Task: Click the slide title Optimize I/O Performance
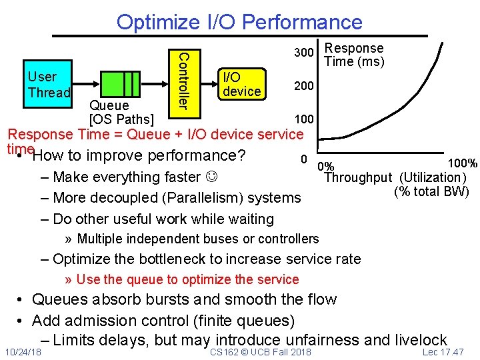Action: [x=239, y=21]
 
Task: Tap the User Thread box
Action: [x=48, y=85]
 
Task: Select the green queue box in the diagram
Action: [x=121, y=84]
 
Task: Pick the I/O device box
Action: [x=242, y=84]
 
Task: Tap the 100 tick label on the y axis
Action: [x=304, y=119]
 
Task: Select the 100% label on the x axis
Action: [x=462, y=163]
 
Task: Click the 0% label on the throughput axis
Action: [x=327, y=167]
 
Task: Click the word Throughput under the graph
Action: [x=358, y=177]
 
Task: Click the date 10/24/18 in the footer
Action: [x=22, y=352]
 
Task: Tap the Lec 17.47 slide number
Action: [x=443, y=352]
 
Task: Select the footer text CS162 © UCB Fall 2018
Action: [x=260, y=352]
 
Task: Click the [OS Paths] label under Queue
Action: [x=122, y=120]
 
